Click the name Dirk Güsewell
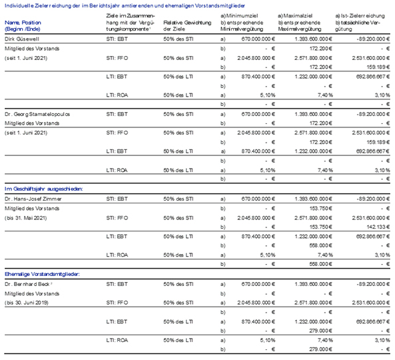[22, 39]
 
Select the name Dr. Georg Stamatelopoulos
[37, 114]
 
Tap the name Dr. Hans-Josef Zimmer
[33, 199]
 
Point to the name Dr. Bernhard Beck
[27, 284]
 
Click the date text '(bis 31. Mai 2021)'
[26, 218]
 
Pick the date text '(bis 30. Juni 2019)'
[27, 303]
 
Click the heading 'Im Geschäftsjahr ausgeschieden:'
[43, 189]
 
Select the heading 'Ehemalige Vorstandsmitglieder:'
[42, 274]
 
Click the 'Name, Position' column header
[23, 23]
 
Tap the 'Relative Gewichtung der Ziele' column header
[187, 26]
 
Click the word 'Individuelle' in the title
[19, 5]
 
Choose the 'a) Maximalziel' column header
[295, 16]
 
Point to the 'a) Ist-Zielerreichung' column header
[360, 16]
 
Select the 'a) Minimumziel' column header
[239, 16]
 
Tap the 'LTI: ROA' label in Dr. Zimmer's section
[117, 255]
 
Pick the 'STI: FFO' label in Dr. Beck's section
[117, 303]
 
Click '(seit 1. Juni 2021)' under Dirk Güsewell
[26, 58]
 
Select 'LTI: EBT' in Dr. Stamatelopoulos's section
[117, 151]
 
